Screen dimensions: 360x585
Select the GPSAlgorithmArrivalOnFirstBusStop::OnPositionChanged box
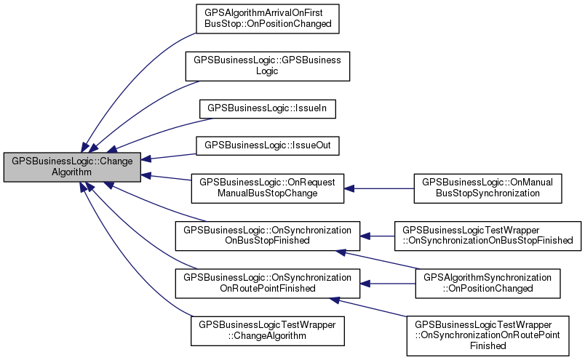268,17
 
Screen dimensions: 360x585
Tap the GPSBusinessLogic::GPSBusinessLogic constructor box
268,65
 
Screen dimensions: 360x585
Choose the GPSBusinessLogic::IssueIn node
268,107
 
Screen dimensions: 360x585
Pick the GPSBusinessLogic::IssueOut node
268,145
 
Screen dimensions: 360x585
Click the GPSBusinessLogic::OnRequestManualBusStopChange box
268,188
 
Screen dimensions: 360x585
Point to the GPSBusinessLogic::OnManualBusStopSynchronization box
488,188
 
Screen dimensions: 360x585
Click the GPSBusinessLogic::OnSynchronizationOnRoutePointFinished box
268,283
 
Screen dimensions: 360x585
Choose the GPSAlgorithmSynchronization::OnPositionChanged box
488,283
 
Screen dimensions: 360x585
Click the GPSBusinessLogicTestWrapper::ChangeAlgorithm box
268,331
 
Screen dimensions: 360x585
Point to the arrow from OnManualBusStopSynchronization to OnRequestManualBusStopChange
378,188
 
